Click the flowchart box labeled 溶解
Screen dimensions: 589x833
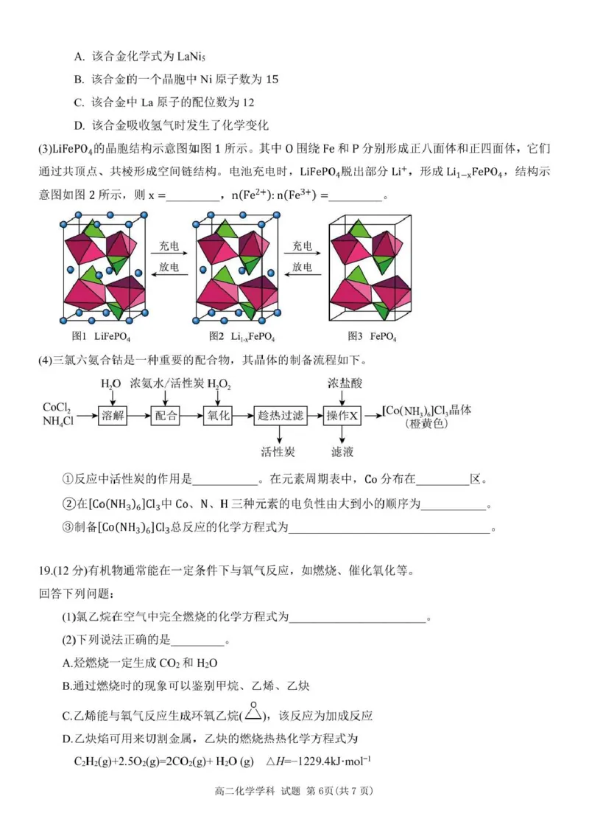114,415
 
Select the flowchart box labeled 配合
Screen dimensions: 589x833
166,415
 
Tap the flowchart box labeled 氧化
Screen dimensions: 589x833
219,415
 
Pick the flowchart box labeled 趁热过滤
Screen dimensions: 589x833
281,415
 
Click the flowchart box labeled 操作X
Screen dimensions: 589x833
342,415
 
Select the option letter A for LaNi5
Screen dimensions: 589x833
79,56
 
